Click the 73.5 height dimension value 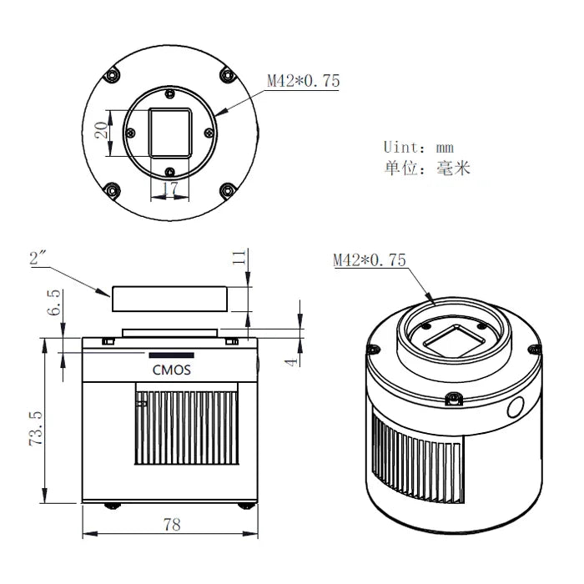pos(36,428)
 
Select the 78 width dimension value pos(172,525)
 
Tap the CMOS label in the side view pos(171,370)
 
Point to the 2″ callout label pos(38,258)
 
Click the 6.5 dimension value pos(54,302)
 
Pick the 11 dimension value pos(239,258)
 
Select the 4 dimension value pos(292,361)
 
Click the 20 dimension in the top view pos(101,130)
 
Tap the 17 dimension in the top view pos(170,188)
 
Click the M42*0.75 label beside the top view pos(304,80)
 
